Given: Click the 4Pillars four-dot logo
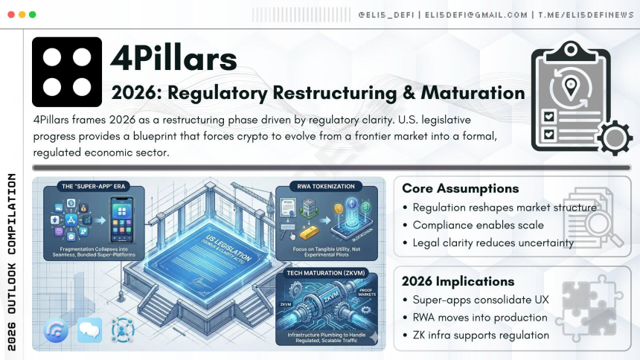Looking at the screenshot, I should coord(67,71).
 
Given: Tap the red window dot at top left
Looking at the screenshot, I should coord(10,14).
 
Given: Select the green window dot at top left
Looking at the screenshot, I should coord(31,14).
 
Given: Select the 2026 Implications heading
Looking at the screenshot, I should coord(458,281).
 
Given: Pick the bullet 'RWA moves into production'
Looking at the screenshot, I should coord(480,317).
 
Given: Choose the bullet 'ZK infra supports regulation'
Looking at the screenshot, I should coord(481,335).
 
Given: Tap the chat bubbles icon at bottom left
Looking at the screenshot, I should coord(89,330).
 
